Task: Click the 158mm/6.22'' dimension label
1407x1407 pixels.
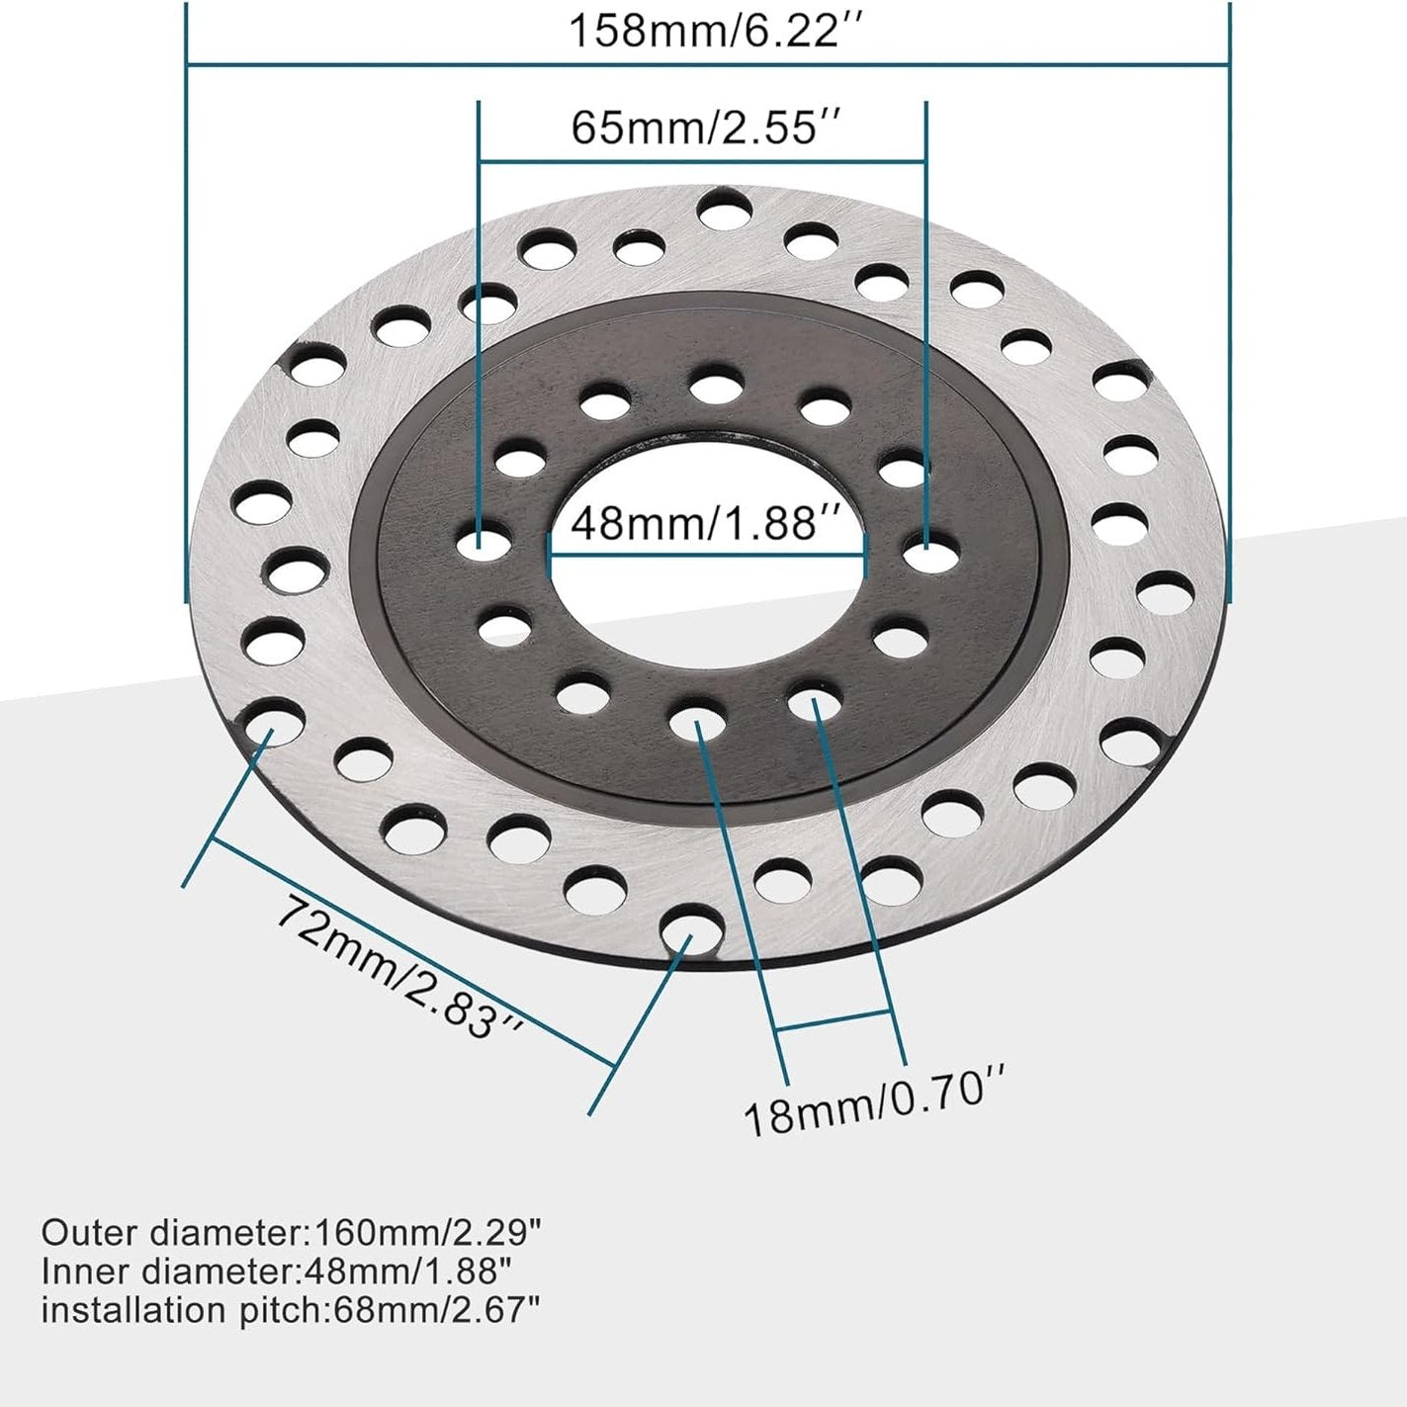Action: (707, 31)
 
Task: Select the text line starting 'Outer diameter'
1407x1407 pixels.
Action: (292, 1233)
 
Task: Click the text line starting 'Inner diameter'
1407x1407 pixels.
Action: (276, 1272)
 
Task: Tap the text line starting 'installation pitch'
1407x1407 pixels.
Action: (291, 1310)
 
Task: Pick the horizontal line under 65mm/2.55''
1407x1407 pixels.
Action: (702, 161)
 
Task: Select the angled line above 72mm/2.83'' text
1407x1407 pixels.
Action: (410, 950)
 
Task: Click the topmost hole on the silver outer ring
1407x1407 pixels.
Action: (723, 210)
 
